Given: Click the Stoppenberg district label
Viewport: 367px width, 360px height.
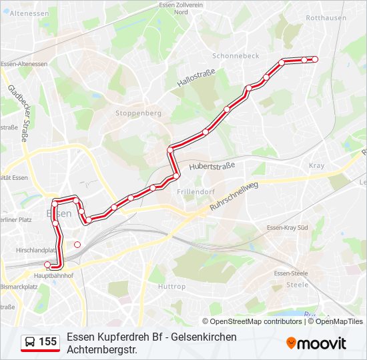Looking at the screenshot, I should [x=139, y=113].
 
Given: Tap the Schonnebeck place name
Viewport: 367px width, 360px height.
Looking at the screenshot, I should [x=236, y=56].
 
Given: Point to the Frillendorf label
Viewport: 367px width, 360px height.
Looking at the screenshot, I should [x=195, y=191].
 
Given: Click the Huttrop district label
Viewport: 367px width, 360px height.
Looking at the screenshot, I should [x=171, y=286].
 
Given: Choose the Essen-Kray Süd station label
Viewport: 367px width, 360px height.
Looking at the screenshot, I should [x=287, y=228].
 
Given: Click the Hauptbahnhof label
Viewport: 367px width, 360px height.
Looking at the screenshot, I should [x=53, y=275].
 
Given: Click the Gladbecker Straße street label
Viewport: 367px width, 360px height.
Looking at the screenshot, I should [x=18, y=113].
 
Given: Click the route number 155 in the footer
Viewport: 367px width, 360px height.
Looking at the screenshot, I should [x=47, y=342].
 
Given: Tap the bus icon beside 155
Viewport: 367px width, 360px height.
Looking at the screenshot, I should [x=30, y=342].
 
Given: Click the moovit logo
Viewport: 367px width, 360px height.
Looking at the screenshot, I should [x=316, y=343].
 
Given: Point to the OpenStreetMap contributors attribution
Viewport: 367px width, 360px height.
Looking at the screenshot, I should [x=256, y=321].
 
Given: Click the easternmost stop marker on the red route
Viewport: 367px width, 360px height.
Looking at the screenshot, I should [x=315, y=59].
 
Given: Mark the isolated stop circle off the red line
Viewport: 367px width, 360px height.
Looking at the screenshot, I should [x=77, y=245].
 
